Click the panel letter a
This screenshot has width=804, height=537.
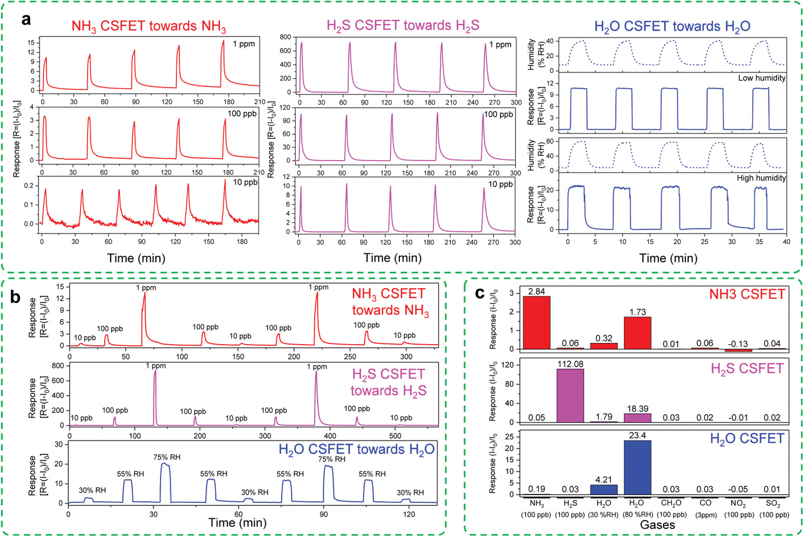[26, 19]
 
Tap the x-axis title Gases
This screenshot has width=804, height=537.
[658, 525]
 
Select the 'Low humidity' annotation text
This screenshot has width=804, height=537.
[762, 78]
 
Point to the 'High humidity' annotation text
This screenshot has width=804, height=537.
[760, 178]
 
